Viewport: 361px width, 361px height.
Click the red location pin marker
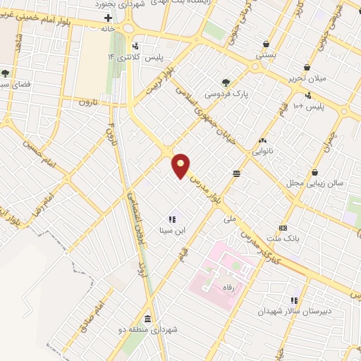coord(181,166)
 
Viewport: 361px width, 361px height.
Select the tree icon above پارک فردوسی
coord(226,82)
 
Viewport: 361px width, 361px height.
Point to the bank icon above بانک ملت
coord(283,228)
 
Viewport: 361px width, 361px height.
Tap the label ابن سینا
coord(173,231)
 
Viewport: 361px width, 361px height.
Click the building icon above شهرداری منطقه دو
coord(147,318)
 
